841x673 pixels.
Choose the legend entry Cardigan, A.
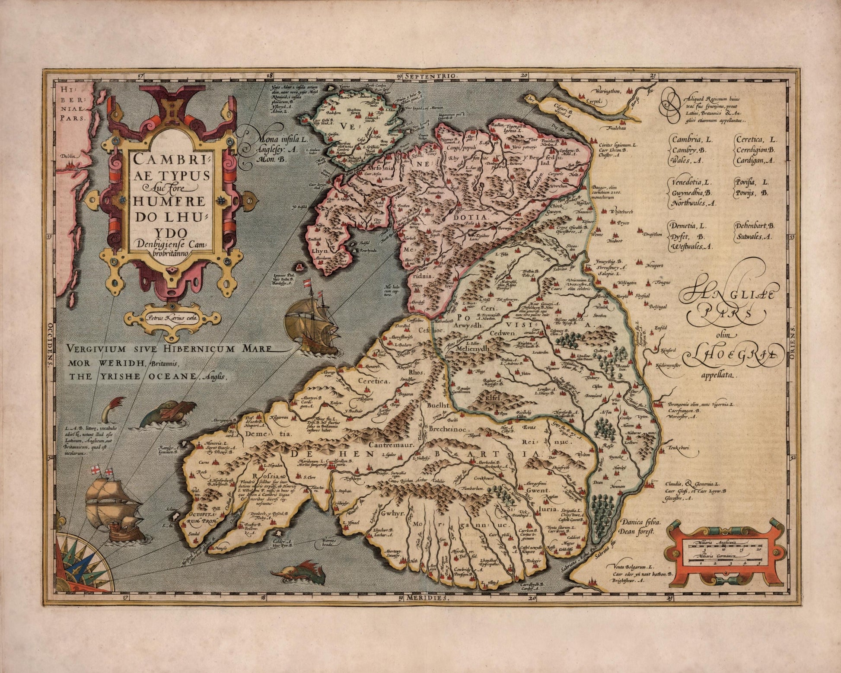[x=755, y=160]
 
